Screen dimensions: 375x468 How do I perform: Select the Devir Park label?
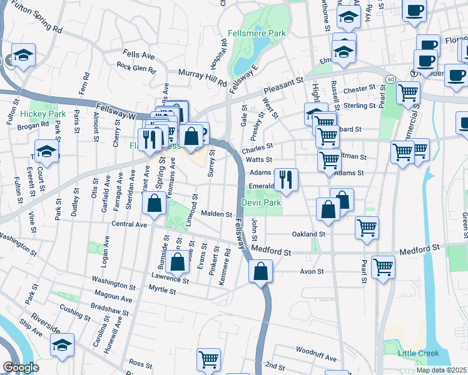[261, 202]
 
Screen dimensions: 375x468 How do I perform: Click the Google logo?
[21, 367]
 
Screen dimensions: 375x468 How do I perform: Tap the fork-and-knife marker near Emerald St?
[286, 180]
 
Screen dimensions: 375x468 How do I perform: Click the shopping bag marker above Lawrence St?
[178, 261]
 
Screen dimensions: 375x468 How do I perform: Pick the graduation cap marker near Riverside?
[62, 346]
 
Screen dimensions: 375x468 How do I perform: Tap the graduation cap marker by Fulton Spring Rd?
[23, 55]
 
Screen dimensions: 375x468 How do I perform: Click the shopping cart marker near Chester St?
[409, 92]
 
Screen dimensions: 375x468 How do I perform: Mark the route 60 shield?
[390, 79]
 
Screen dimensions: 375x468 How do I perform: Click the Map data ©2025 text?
[440, 370]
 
